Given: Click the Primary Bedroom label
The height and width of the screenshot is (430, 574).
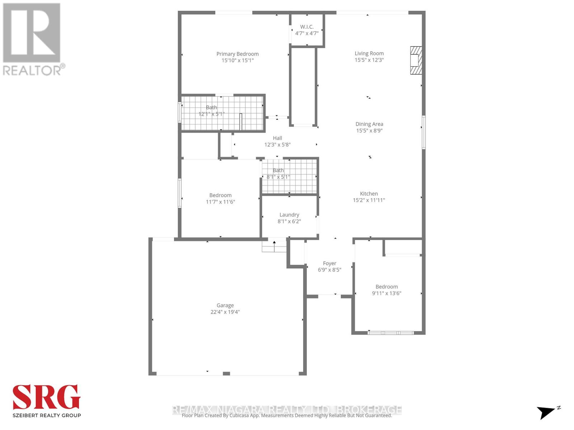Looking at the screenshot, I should click(237, 54).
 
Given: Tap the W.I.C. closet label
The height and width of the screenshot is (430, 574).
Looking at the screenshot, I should click(307, 27).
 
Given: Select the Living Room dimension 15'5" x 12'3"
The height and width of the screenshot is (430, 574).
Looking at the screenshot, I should click(369, 60).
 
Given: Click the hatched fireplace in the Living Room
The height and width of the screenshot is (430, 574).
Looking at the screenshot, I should click(416, 60).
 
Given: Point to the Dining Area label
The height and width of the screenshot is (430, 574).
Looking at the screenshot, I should click(369, 124).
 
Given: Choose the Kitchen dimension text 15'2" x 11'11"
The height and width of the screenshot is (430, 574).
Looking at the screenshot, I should click(369, 200).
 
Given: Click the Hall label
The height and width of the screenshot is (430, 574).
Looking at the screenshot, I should click(277, 138).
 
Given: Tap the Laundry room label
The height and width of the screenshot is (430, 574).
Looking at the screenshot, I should click(289, 215).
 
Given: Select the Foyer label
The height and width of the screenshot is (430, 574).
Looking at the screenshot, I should click(329, 263).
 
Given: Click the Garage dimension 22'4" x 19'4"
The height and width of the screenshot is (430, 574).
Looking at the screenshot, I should click(225, 312).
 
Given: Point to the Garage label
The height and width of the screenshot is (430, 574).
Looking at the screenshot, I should click(225, 305).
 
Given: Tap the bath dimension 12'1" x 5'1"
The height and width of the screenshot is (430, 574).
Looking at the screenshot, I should click(211, 114).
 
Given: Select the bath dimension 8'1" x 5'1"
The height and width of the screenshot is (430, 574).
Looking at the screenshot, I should click(278, 177).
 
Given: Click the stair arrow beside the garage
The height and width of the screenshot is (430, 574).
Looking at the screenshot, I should click(274, 246).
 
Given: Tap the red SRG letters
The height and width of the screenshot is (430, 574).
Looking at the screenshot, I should click(47, 397).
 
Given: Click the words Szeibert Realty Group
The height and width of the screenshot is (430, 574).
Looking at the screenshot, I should click(47, 415).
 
